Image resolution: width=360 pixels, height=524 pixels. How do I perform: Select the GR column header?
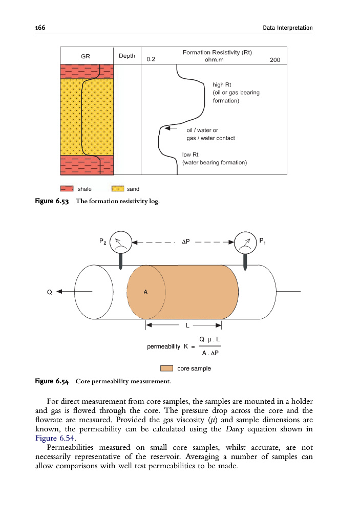pos(86,56)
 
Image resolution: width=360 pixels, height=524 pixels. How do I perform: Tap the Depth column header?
pos(126,56)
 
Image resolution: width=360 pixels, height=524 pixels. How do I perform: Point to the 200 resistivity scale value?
pos(274,60)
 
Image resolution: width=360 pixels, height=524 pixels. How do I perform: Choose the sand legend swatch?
pos(118,189)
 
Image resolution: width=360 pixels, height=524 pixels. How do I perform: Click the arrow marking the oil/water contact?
pos(170,128)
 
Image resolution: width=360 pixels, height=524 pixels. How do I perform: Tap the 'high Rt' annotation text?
pos(222,84)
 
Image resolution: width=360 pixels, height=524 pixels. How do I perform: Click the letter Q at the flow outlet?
pos(49,292)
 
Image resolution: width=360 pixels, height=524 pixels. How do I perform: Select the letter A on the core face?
pos(145,292)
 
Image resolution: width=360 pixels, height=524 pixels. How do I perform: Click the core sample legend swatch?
pos(167,368)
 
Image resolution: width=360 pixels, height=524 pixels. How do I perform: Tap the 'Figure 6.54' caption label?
pos(52,381)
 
